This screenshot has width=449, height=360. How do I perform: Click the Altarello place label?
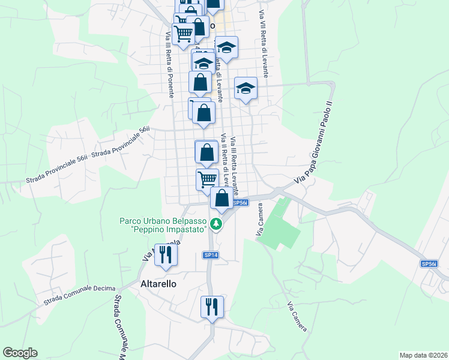point(158,284)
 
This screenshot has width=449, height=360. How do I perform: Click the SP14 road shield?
point(210,256)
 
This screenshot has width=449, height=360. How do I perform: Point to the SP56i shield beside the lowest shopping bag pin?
point(240,203)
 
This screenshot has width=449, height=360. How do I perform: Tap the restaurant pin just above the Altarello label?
point(164,256)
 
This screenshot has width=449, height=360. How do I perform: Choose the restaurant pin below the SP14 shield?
point(212,308)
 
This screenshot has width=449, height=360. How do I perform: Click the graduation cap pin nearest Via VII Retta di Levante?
point(246,89)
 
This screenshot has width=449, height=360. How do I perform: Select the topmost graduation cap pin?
point(226,48)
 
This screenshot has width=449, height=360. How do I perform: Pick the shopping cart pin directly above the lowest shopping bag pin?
point(207,179)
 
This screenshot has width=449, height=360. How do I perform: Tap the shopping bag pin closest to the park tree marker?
point(221,199)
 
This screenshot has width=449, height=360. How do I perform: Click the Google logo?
point(20,353)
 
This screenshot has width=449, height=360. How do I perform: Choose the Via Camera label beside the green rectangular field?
point(261,226)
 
